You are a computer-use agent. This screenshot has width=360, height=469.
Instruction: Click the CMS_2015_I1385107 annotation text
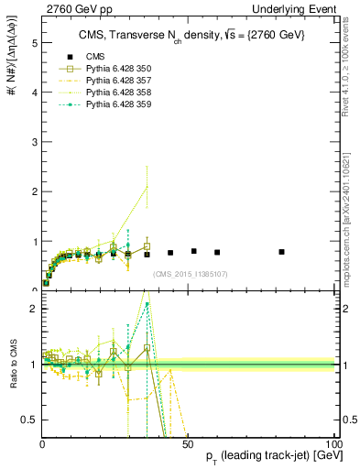pos(190,274)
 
